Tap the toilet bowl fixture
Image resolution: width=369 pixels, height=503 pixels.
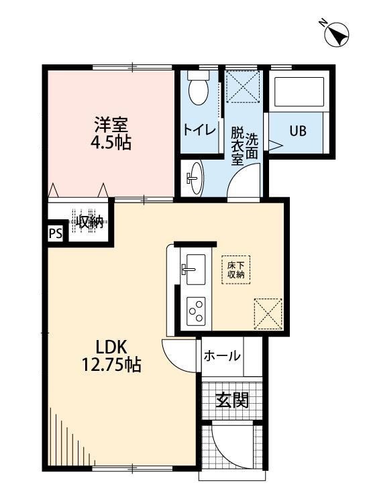coord(198,89)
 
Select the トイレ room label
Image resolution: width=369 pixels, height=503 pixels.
coord(199,130)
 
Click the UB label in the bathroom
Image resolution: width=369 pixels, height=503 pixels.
coord(298,131)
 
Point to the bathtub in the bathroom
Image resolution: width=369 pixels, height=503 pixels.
coord(297,91)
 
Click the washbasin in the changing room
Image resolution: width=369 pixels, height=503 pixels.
coord(194,178)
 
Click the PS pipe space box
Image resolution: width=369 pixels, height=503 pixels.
coord(56,233)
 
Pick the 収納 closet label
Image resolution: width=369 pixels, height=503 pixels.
coord(89,222)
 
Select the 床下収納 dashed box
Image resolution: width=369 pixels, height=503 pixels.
coord(236,270)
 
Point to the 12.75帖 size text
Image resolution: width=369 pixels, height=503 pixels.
coord(111,365)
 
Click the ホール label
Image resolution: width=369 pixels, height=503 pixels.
coord(221,355)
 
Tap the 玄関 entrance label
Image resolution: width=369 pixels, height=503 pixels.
coord(231,400)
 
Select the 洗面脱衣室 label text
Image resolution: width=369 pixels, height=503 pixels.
coord(244,146)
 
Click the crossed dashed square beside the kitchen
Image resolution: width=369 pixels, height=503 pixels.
coord(268,313)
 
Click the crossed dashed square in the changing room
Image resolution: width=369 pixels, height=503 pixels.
coord(243,86)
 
